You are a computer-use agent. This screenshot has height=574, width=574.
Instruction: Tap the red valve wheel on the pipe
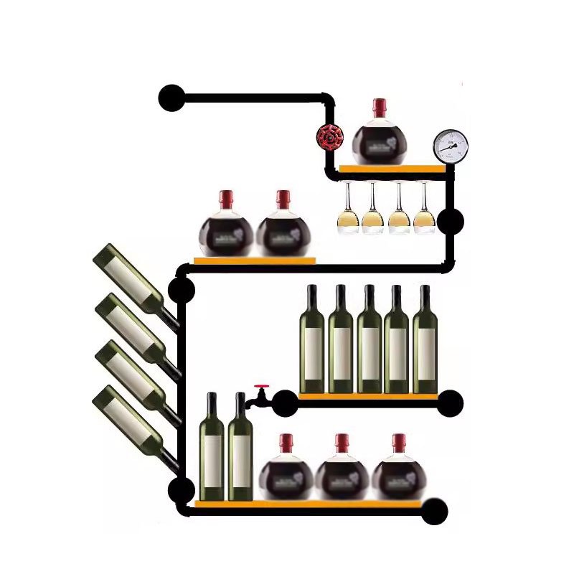pos(330,136)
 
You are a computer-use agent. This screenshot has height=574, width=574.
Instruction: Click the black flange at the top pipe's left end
pos(171,98)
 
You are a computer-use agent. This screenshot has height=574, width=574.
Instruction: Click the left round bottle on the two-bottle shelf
pos(226,230)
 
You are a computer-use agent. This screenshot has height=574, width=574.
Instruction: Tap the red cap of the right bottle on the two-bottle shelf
pos(283,198)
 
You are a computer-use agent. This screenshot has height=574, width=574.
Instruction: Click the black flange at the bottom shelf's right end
pos(434,512)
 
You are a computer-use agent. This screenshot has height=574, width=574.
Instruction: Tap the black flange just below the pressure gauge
pos(451,222)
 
